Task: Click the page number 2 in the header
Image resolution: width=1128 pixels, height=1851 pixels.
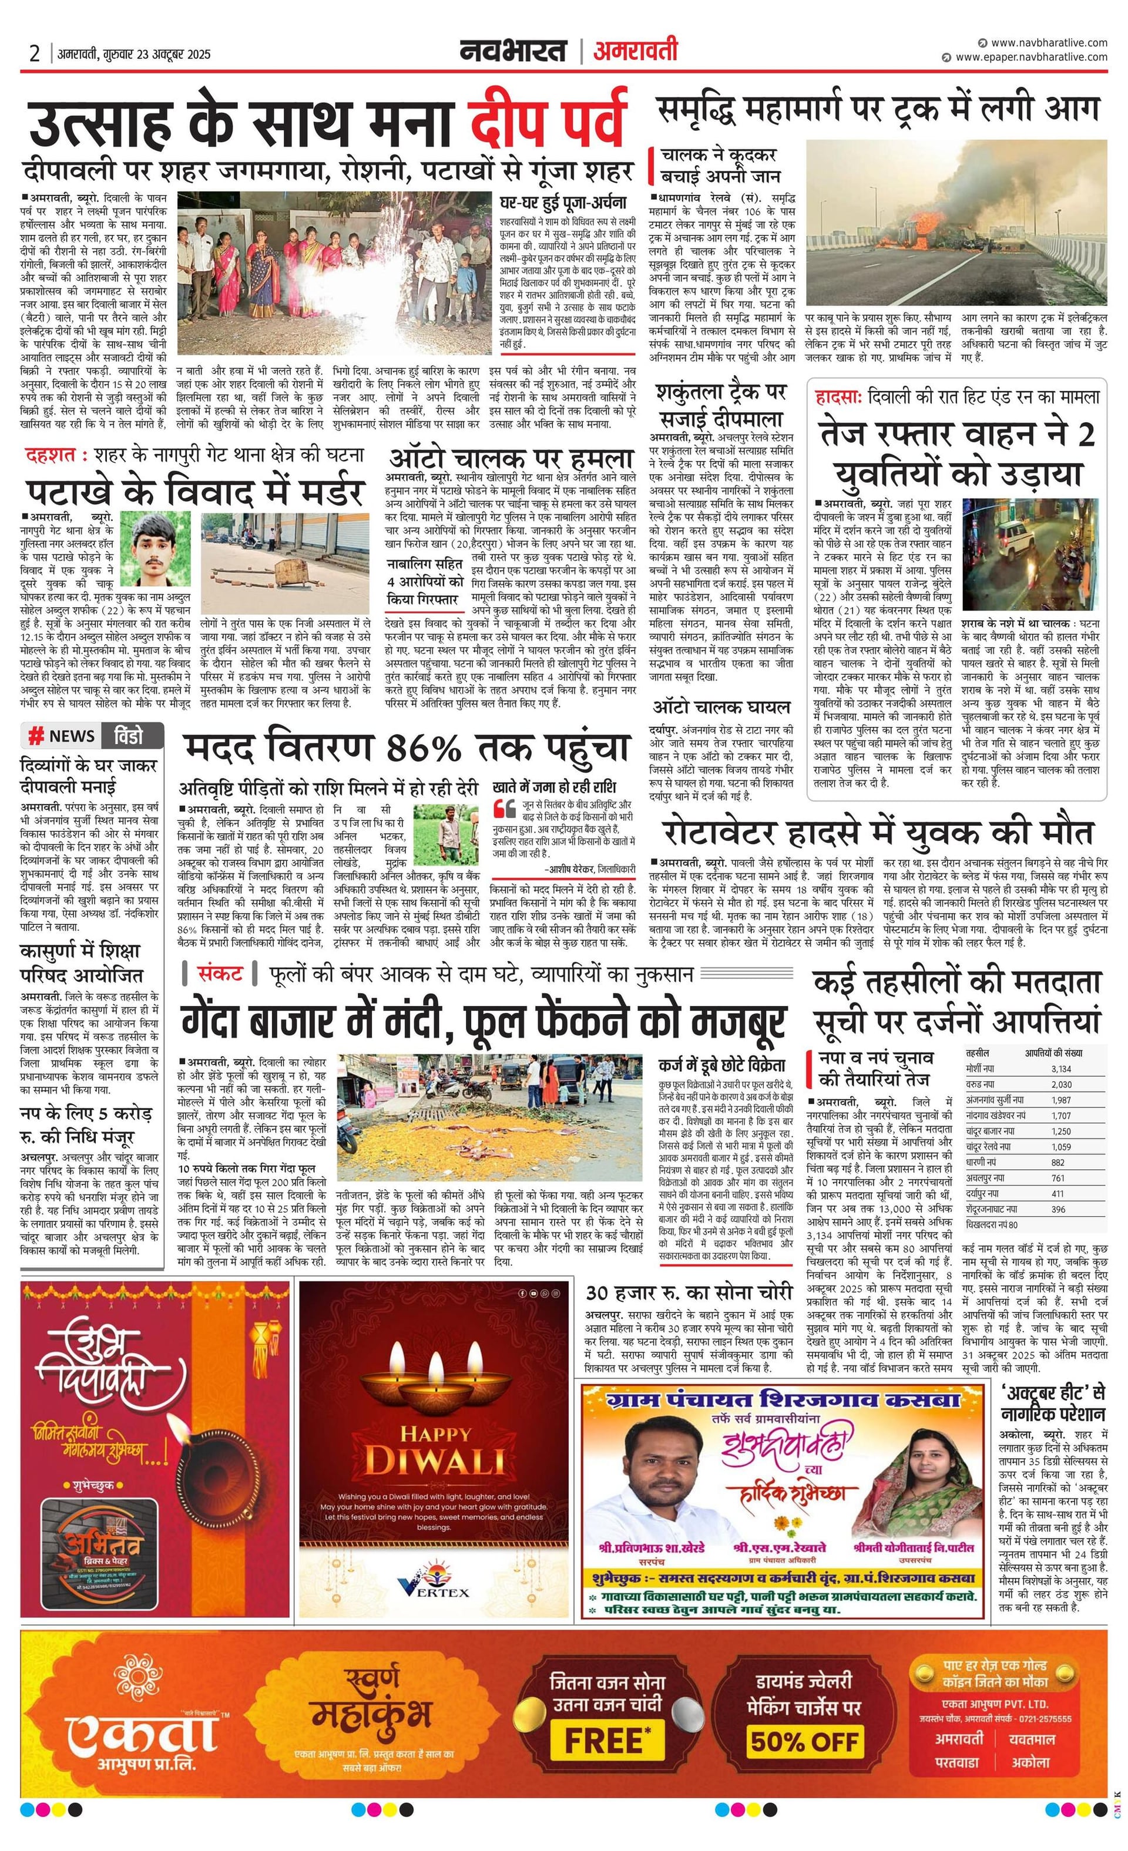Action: click(x=35, y=53)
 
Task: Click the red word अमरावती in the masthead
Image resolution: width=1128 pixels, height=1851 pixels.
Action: click(x=635, y=51)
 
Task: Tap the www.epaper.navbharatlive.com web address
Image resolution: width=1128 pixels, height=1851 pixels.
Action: click(x=1031, y=57)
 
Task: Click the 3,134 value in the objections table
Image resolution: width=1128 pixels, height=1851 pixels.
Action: click(x=1060, y=1068)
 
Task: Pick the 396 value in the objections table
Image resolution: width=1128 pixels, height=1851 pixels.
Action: click(x=1058, y=1210)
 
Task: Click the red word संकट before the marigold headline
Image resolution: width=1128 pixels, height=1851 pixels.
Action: click(x=220, y=974)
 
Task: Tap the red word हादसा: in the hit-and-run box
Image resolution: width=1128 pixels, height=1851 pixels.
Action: click(x=840, y=396)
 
